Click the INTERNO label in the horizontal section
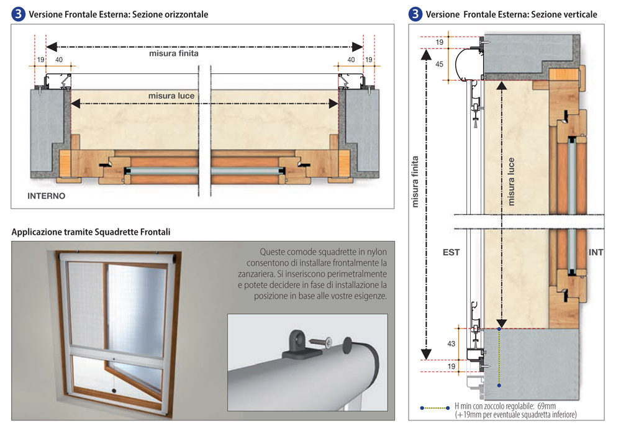(x=47, y=196)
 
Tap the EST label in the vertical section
(x=451, y=253)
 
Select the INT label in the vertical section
(x=596, y=253)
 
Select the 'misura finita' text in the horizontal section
(x=174, y=53)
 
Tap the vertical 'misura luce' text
(x=511, y=181)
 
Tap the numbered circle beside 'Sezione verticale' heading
(x=415, y=14)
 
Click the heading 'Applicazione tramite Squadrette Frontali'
(x=91, y=232)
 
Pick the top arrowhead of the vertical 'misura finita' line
(x=426, y=54)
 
